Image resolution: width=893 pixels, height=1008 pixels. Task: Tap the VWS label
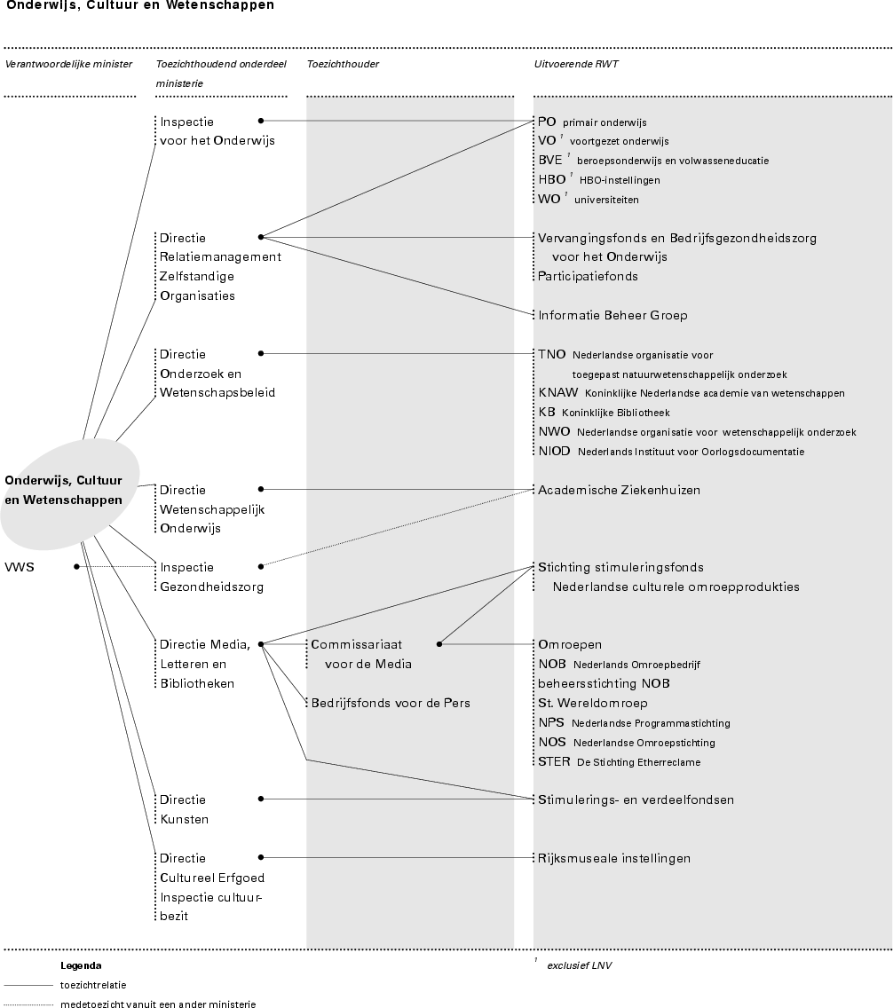[x=20, y=566]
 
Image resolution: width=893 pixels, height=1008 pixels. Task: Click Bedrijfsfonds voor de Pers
[x=391, y=703]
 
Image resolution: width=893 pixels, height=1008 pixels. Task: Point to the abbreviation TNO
[x=551, y=354]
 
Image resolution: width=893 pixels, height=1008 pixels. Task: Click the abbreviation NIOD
[x=554, y=452]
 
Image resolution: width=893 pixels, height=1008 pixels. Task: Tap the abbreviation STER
[x=554, y=761]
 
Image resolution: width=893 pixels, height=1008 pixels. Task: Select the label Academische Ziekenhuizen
[x=619, y=490]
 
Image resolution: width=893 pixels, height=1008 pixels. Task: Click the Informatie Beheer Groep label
[x=612, y=315]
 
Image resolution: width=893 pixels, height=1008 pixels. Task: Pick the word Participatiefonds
[x=588, y=276]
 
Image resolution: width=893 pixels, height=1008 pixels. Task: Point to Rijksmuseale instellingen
[x=613, y=858]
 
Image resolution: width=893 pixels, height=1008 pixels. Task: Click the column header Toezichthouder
[x=343, y=64]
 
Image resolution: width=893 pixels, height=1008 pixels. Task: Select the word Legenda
[x=81, y=965]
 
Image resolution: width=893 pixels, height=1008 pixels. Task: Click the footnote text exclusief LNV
[x=579, y=965]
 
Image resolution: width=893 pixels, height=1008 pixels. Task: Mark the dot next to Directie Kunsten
[x=261, y=799]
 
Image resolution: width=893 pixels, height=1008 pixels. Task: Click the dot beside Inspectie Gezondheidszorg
[x=261, y=565]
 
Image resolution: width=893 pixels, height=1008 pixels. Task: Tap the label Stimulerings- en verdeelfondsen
[x=636, y=799]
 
